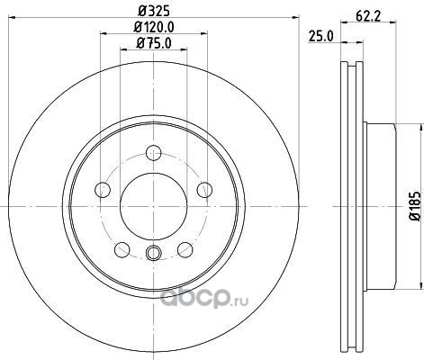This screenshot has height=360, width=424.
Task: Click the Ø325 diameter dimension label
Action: coord(154,11)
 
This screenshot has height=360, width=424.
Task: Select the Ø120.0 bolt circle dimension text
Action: coord(154,27)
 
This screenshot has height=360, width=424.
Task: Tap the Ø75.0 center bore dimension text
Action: coord(154,43)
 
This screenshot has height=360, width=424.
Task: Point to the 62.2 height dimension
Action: coord(368,16)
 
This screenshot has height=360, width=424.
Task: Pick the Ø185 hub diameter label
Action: coord(416,206)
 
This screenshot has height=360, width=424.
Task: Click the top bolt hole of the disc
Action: coord(154,153)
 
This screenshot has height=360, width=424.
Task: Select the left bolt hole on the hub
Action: coord(103,190)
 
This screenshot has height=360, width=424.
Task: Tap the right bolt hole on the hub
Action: coord(204,190)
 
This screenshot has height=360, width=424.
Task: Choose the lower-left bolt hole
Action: coord(122,249)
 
